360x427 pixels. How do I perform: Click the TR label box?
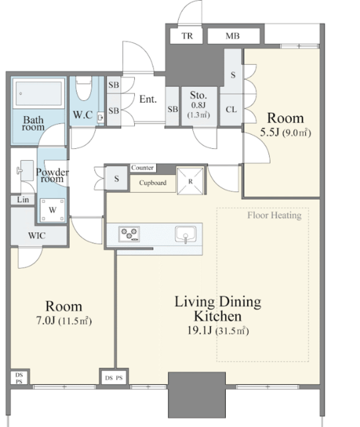coord(187,35)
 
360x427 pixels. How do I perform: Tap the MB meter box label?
coord(232,35)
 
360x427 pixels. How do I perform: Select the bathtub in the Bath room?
coord(39,93)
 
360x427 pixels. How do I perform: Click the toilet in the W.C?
coord(83,88)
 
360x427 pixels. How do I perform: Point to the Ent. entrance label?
coord(148,99)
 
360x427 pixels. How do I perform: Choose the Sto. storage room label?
coord(198,95)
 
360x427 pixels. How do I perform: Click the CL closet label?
coord(231,109)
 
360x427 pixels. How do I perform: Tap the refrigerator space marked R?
coord(190,181)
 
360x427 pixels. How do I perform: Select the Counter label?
coord(142,167)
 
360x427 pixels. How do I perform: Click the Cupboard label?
coord(152,183)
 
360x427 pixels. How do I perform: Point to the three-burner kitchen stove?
coord(129,234)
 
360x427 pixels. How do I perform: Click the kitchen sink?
coord(186,234)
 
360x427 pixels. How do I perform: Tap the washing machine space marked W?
coord(53,210)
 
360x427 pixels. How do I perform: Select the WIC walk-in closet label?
coord(37,236)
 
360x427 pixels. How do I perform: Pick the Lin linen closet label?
coord(23,199)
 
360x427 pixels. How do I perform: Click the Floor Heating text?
coord(275,216)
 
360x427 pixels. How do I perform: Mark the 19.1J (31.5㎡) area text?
coord(218,331)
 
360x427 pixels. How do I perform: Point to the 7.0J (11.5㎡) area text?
coord(63,321)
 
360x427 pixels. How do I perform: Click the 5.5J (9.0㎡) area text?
coord(285,132)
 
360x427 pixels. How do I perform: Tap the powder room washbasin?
coord(25,171)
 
